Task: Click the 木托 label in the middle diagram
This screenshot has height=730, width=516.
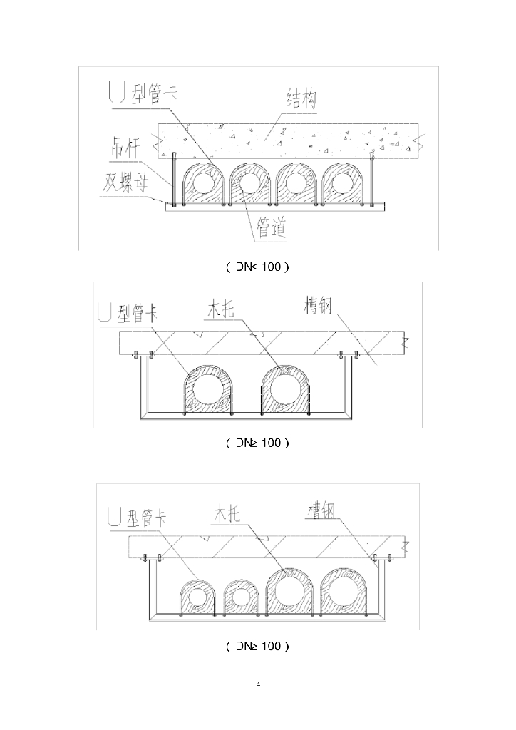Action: coord(222,309)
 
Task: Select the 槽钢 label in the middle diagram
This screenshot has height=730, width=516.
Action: coord(316,307)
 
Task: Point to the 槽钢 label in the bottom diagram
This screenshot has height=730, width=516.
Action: coord(321,510)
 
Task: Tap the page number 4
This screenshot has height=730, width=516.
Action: coord(258,685)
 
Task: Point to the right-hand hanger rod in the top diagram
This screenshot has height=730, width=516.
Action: coord(371,178)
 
